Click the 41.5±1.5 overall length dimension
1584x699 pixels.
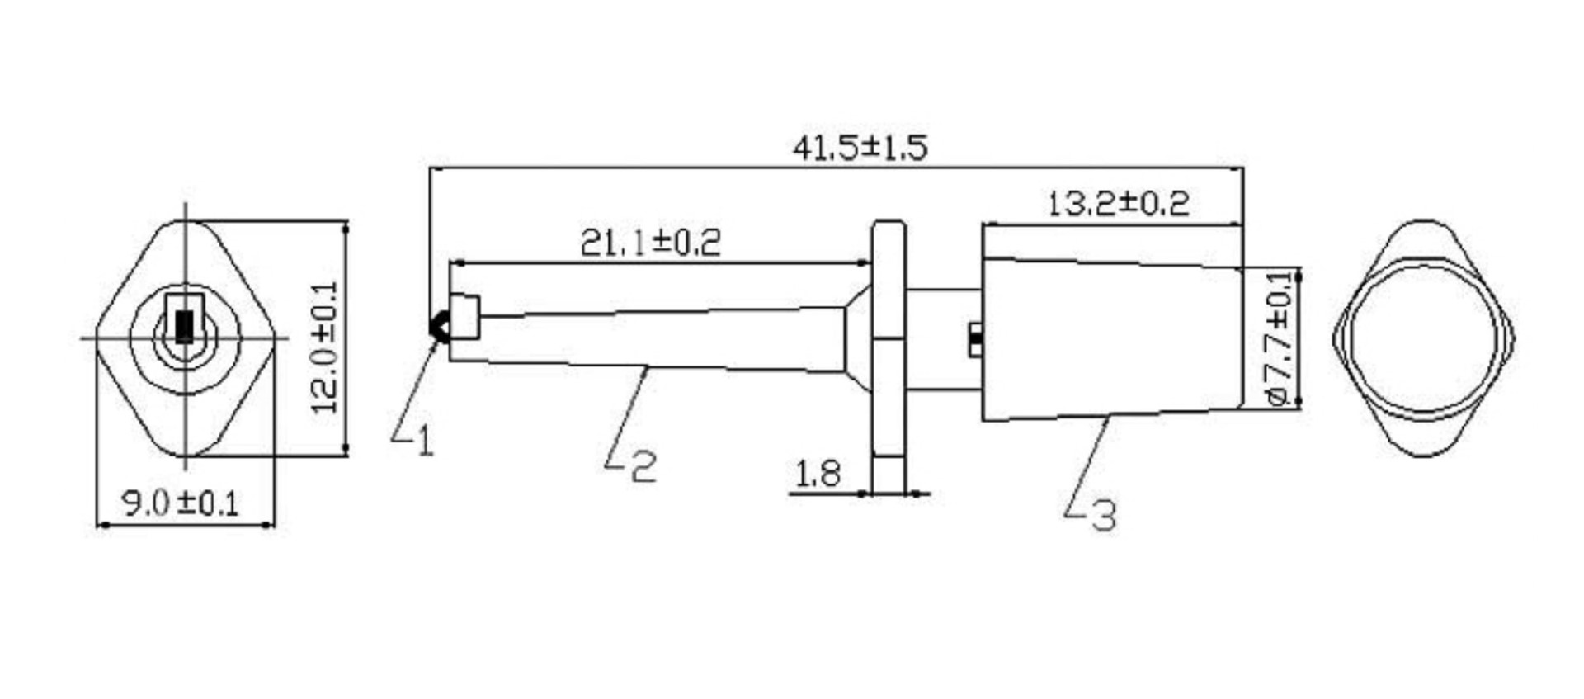pos(860,148)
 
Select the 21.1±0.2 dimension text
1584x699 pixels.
pos(650,242)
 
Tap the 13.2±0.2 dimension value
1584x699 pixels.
pos(1118,203)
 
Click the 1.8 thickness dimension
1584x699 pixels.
pos(818,475)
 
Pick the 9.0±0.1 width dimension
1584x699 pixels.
pos(181,503)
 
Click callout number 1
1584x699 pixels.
pos(425,441)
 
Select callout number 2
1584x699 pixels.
pos(643,466)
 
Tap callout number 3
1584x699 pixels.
pos(1104,515)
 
